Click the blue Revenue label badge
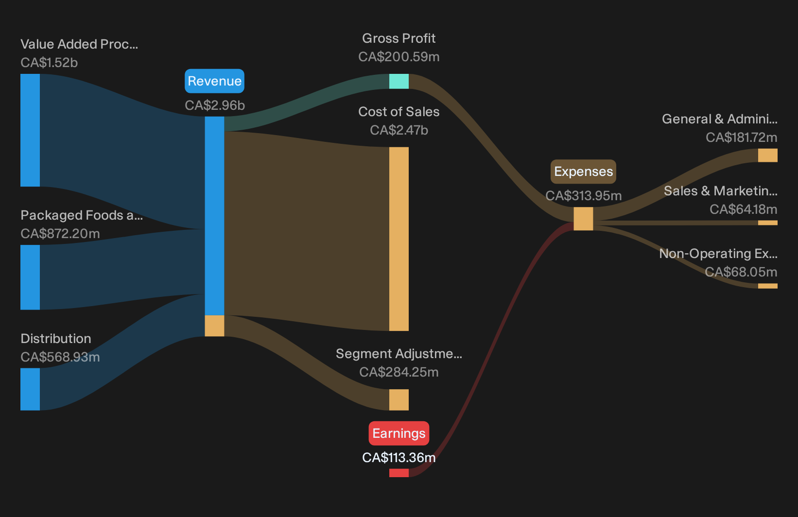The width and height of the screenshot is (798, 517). tap(214, 81)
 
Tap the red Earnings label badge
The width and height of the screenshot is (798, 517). tap(399, 433)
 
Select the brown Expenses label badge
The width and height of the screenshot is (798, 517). tap(583, 172)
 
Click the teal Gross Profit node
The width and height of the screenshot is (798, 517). tap(399, 81)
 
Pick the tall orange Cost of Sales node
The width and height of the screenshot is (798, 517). tap(399, 239)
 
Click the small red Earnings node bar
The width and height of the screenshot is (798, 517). tap(399, 473)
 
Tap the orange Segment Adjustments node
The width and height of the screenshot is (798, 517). tap(399, 400)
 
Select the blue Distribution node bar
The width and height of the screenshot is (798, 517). tap(30, 389)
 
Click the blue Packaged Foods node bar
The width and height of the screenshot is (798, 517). tap(30, 277)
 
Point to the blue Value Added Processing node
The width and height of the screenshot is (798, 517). tap(30, 130)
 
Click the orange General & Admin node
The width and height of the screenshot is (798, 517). tap(768, 155)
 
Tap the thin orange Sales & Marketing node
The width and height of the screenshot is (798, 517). tap(768, 223)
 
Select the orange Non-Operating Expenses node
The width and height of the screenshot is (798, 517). tap(768, 286)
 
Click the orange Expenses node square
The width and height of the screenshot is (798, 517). tap(583, 219)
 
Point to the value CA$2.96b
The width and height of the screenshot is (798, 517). tap(214, 105)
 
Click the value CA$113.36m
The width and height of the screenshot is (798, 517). tap(399, 458)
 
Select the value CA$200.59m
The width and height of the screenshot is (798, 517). tap(399, 57)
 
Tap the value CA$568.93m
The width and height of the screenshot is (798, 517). tap(60, 357)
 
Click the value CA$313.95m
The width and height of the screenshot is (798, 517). tap(583, 196)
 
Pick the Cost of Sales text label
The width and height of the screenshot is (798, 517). tap(399, 112)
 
